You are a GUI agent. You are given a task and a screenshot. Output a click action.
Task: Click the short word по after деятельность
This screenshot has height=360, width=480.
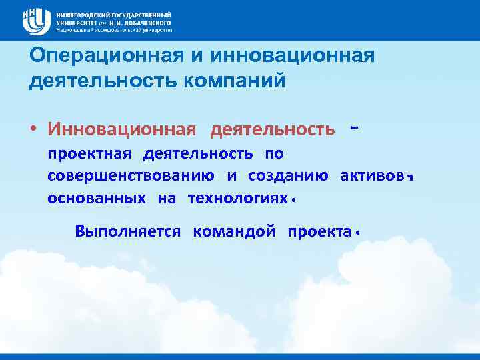274,154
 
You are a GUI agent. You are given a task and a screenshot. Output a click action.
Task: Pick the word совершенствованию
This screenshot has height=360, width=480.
131,176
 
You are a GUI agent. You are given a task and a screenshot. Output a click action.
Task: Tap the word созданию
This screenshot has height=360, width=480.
287,176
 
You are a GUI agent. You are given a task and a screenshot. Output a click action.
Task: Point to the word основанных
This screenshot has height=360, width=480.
97,198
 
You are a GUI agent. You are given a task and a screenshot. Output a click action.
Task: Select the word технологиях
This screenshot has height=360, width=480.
238,198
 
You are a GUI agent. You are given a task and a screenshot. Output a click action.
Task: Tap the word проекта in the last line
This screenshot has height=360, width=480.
319,231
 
